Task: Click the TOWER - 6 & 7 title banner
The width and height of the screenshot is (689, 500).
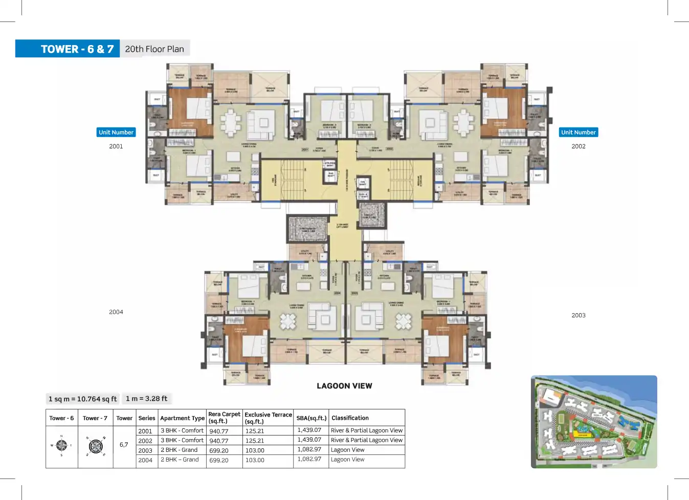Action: point(77,49)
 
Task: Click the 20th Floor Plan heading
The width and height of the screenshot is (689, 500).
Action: point(154,49)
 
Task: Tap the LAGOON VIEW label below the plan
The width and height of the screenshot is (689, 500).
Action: point(344,386)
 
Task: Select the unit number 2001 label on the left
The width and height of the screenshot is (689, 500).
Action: point(116,146)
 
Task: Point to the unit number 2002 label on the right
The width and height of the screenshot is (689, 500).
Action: point(579,146)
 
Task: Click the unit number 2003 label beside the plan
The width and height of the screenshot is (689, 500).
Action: point(579,315)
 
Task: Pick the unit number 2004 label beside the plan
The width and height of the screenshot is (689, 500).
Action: point(116,312)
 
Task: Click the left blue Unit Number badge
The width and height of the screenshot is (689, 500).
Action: point(116,133)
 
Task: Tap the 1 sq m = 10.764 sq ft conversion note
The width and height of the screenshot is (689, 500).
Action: point(82,399)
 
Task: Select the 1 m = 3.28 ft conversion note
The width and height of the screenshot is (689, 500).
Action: point(147,398)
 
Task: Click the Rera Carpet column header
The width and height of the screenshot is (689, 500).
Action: point(224,418)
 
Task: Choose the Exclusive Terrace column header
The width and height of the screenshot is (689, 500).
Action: point(268,418)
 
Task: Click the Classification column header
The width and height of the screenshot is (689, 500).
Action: point(350,418)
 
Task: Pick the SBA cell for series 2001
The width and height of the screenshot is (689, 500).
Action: point(309,430)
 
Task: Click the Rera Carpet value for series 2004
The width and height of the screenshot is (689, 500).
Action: point(219,460)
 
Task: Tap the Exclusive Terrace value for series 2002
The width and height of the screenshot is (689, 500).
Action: point(255,441)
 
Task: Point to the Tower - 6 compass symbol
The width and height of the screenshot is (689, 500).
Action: point(61,445)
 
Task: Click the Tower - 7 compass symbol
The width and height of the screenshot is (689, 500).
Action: point(96,446)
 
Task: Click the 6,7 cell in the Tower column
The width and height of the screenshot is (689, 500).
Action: point(124,445)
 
